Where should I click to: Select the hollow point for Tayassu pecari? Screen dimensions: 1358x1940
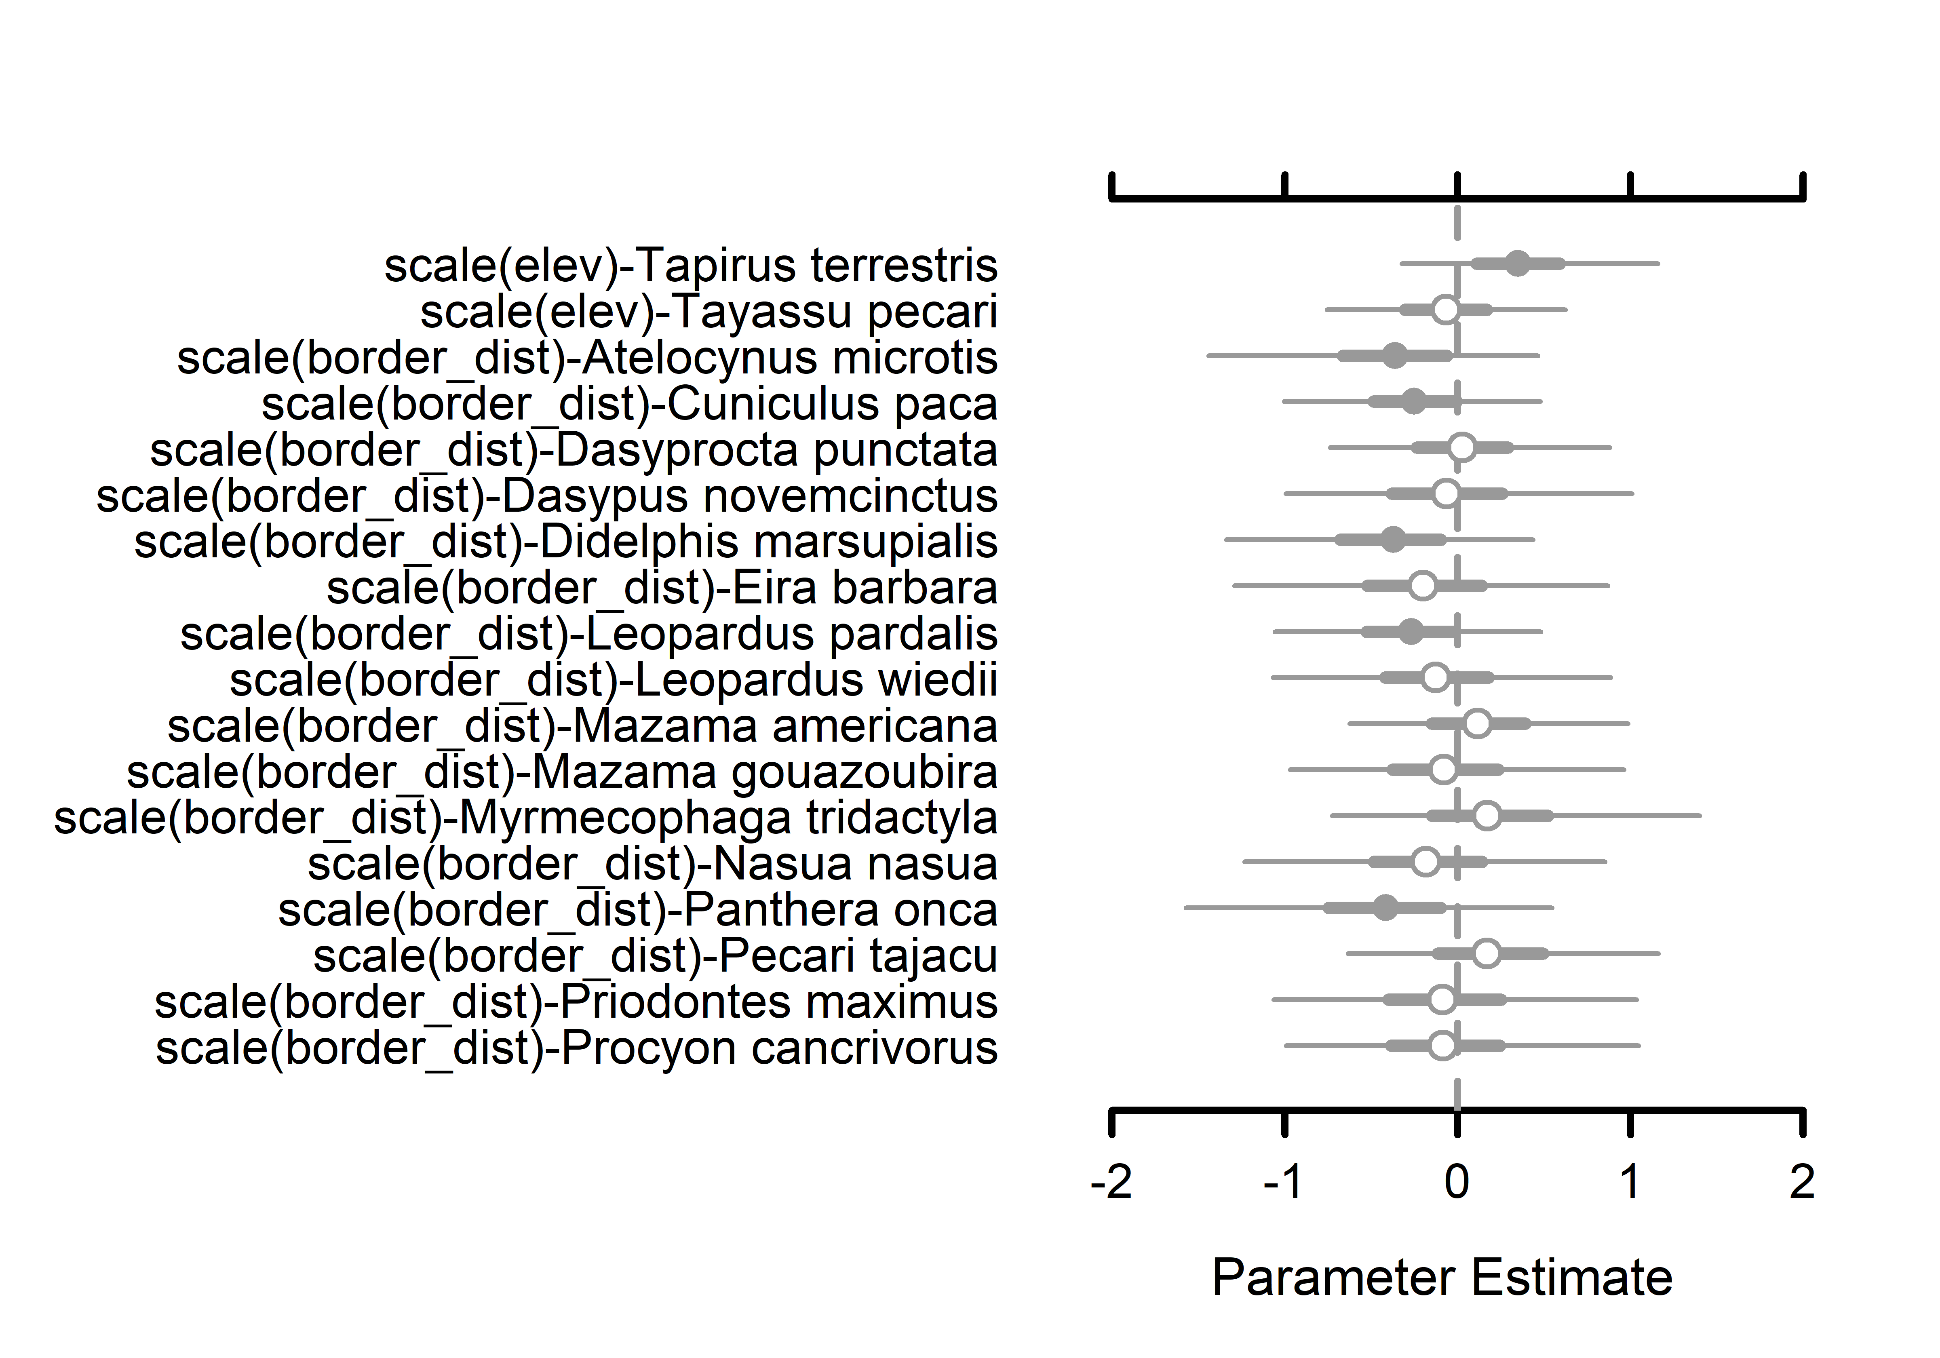click(x=1446, y=309)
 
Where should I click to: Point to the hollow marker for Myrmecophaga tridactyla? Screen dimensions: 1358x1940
click(x=1486, y=816)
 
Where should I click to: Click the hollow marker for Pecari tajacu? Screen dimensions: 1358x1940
click(x=1486, y=954)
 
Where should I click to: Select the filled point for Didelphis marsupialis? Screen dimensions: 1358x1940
click(x=1392, y=539)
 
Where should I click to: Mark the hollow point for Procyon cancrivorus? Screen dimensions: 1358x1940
click(x=1442, y=1046)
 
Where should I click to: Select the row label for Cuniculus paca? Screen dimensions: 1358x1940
click(x=629, y=404)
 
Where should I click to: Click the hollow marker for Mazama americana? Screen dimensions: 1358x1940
click(x=1476, y=723)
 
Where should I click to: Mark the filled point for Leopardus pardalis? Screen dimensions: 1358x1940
click(x=1410, y=631)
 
